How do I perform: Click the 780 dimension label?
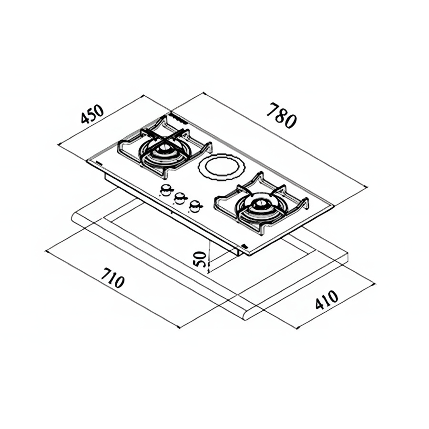pos(282,115)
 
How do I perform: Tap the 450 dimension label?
pos(92,114)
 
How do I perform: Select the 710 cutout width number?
pos(112,278)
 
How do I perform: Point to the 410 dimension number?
pos(327,300)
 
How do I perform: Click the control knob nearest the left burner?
pos(166,190)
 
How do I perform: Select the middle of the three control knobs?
pos(180,198)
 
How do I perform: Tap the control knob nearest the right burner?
pos(195,206)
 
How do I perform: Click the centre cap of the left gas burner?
pos(165,148)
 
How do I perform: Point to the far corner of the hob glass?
pos(171,112)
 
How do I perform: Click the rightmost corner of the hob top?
pos(334,205)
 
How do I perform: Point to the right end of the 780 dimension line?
pos(367,186)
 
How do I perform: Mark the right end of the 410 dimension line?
pos(374,284)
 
